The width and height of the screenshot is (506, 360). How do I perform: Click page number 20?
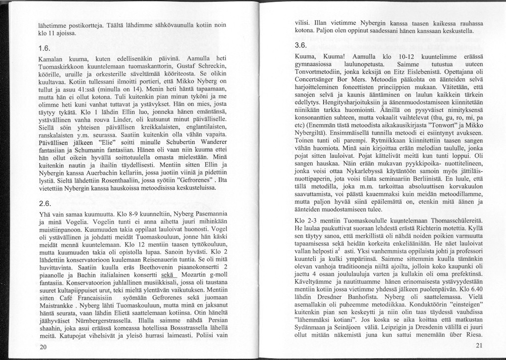point(43,346)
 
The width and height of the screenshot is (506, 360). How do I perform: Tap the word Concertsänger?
point(315,81)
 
